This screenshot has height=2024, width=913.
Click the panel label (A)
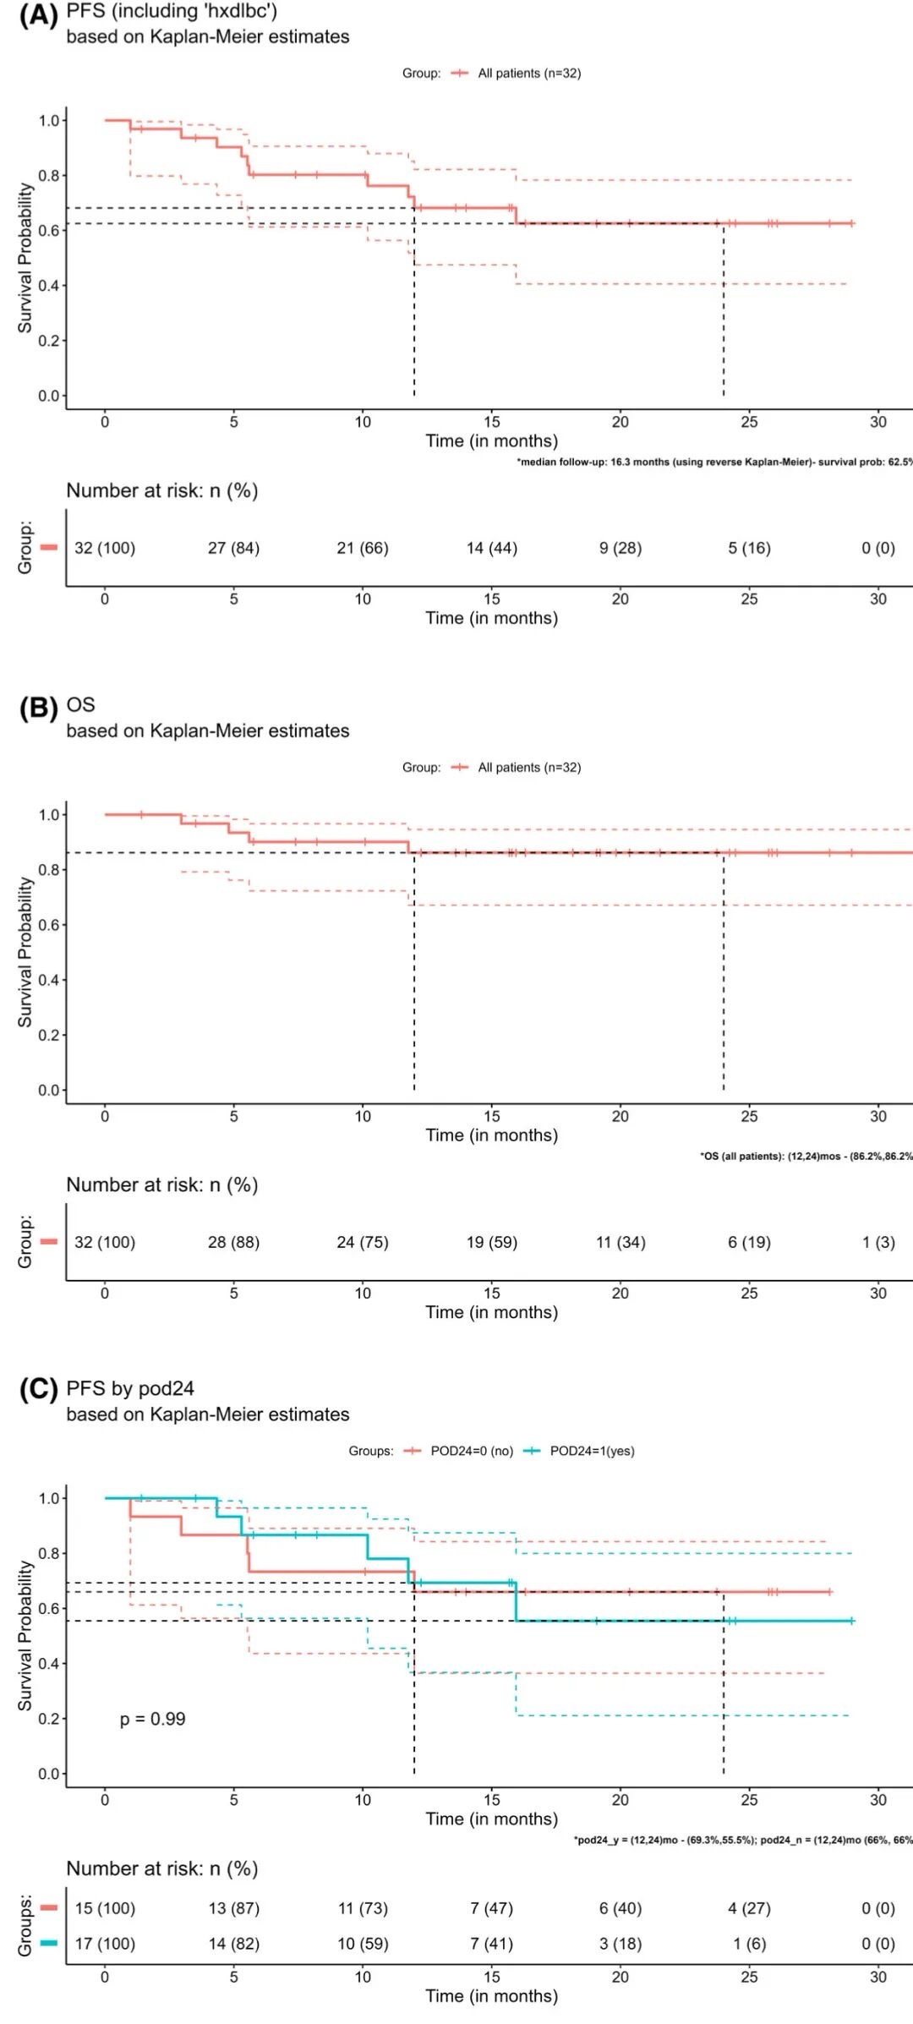[x=38, y=16]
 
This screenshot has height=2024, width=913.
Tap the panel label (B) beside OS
[x=38, y=707]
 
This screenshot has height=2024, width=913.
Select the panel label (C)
[x=38, y=1390]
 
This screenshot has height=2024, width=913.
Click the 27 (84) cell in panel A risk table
[x=233, y=548]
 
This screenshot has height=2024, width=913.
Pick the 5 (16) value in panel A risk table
[x=749, y=548]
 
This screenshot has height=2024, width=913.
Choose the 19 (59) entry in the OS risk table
[x=491, y=1242]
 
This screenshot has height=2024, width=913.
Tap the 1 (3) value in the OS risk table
[x=877, y=1242]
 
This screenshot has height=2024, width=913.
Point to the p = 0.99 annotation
[x=152, y=1719]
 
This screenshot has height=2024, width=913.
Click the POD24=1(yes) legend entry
[x=592, y=1451]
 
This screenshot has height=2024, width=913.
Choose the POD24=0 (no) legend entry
[x=472, y=1451]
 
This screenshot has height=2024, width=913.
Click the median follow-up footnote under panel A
[x=714, y=462]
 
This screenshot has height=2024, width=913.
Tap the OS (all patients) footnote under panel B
[x=806, y=1156]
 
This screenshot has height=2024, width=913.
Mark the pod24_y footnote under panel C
[x=742, y=1840]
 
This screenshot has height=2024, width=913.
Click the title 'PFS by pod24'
[x=130, y=1388]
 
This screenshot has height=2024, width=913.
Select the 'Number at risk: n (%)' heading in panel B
[x=162, y=1184]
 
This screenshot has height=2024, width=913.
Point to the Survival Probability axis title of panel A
[x=25, y=258]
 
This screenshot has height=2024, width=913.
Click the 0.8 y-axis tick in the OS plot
[x=49, y=870]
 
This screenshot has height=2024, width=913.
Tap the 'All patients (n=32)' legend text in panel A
[x=529, y=74]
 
